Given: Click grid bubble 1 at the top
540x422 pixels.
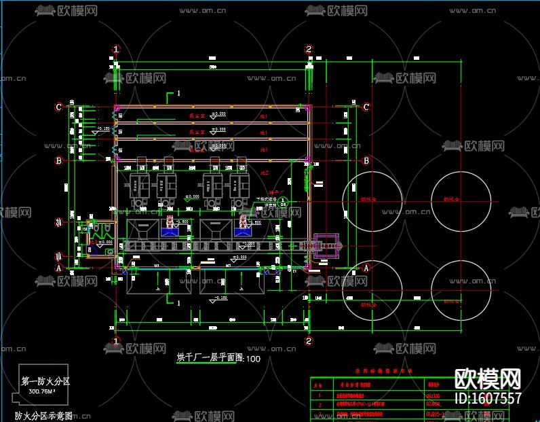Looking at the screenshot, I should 116,49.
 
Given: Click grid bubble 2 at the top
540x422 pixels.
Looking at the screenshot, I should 309,49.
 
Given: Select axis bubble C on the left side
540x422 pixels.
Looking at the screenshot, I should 59,107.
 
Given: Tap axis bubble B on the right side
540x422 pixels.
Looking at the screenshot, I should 366,160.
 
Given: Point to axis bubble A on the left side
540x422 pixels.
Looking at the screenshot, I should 59,268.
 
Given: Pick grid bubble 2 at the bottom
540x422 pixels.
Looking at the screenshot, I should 309,340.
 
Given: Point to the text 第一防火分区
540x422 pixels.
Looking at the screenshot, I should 45,382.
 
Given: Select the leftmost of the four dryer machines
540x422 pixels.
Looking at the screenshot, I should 140,183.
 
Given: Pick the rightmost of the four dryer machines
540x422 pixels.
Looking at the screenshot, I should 240,183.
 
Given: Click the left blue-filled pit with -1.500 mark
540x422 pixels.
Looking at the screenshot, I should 169,230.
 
